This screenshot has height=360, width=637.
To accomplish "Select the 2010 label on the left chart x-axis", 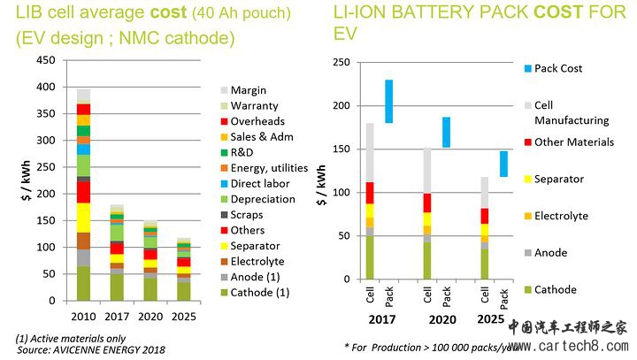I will [84, 317].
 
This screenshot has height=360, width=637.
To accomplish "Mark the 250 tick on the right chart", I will [339, 63].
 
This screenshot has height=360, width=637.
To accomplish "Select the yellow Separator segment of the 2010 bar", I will [84, 218].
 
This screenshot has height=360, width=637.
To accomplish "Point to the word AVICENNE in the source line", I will [92, 349].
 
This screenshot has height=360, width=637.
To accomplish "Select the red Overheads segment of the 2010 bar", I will [84, 109].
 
